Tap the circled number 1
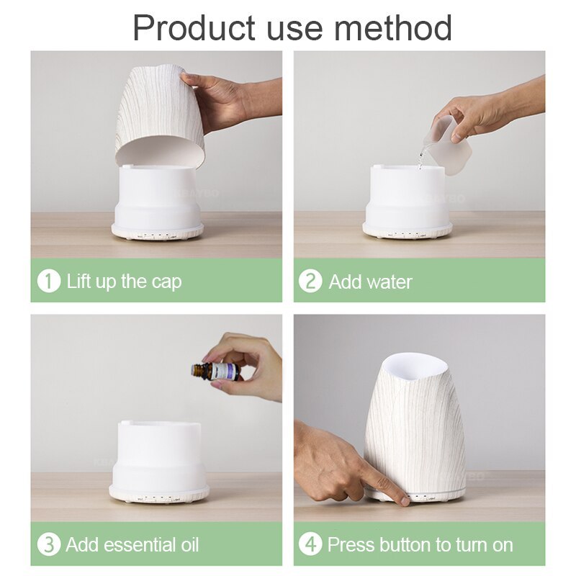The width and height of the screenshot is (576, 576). point(49,280)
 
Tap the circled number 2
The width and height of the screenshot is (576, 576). point(310,280)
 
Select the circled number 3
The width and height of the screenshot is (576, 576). point(49,544)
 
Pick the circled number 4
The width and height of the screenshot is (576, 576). point(310,544)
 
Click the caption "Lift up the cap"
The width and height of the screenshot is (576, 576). point(124,281)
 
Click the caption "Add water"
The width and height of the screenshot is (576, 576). point(370,281)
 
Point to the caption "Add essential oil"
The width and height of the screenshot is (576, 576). point(132,545)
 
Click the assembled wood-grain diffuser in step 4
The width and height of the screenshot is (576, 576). point(413,432)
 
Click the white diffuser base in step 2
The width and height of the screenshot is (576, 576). point(407,202)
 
